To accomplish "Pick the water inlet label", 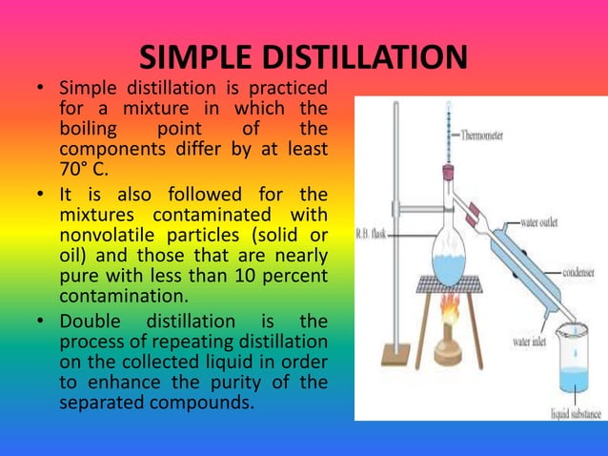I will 536,340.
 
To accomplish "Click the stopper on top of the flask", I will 446,175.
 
